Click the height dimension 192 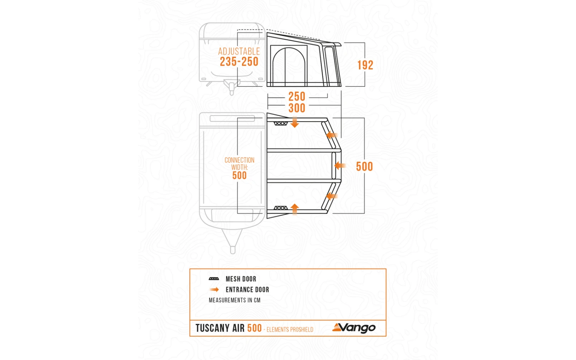pos(365,65)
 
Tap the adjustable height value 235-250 pos(239,62)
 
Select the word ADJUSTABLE pos(239,51)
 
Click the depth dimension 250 pos(297,97)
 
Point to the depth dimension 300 pos(297,108)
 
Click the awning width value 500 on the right pos(364,167)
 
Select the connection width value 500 pos(239,176)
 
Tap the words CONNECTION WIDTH pos(239,163)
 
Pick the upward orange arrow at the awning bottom pos(295,209)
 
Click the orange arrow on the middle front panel pos(340,166)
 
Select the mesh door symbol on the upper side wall pos(280,124)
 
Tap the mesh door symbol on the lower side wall pos(280,208)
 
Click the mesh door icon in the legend pos(214,279)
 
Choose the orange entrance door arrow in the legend pos(214,290)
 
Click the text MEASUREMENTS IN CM pos(235,300)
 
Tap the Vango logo pos(354,328)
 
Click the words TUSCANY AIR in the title pos(220,329)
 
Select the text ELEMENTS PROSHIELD pos(290,330)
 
